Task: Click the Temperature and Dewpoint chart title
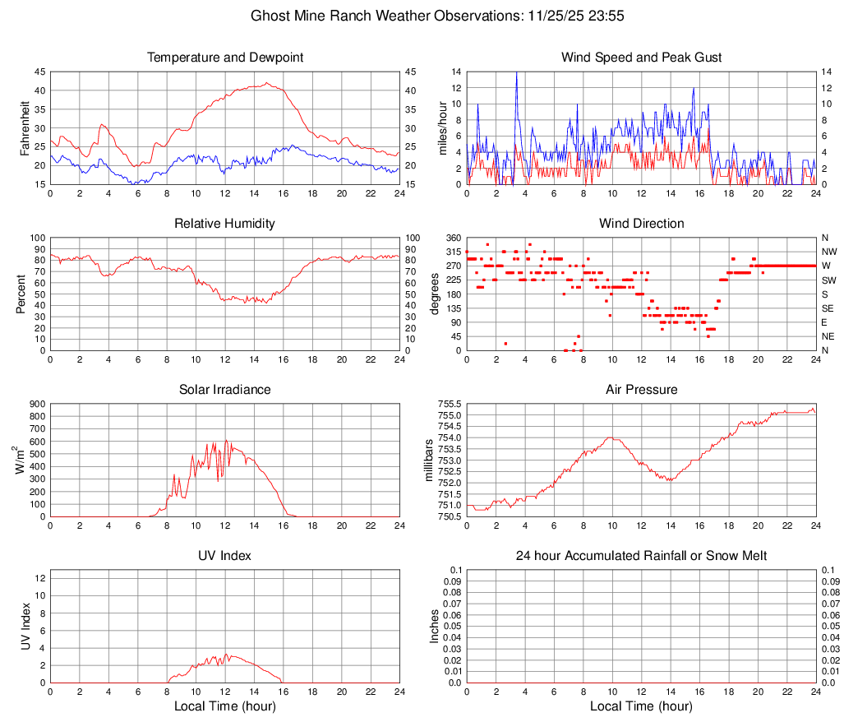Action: point(225,58)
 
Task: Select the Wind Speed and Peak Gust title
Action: point(642,58)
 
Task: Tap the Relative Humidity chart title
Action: point(225,224)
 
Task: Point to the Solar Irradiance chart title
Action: point(225,390)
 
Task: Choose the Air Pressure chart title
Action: point(642,390)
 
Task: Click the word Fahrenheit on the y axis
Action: point(25,127)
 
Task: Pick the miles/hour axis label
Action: point(441,127)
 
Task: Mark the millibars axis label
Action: point(428,460)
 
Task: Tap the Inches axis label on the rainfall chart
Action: point(435,626)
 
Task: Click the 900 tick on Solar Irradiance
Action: point(37,404)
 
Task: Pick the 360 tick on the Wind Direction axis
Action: point(451,238)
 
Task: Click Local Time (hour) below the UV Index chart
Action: point(225,706)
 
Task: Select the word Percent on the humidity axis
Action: point(21,294)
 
